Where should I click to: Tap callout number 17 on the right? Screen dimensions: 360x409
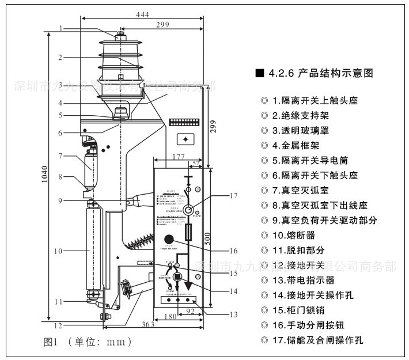pos(232,196)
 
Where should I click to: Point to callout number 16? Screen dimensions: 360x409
pos(232,251)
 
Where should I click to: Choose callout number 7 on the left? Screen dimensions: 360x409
pos(60,156)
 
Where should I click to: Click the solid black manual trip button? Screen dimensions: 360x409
pos(169,239)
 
